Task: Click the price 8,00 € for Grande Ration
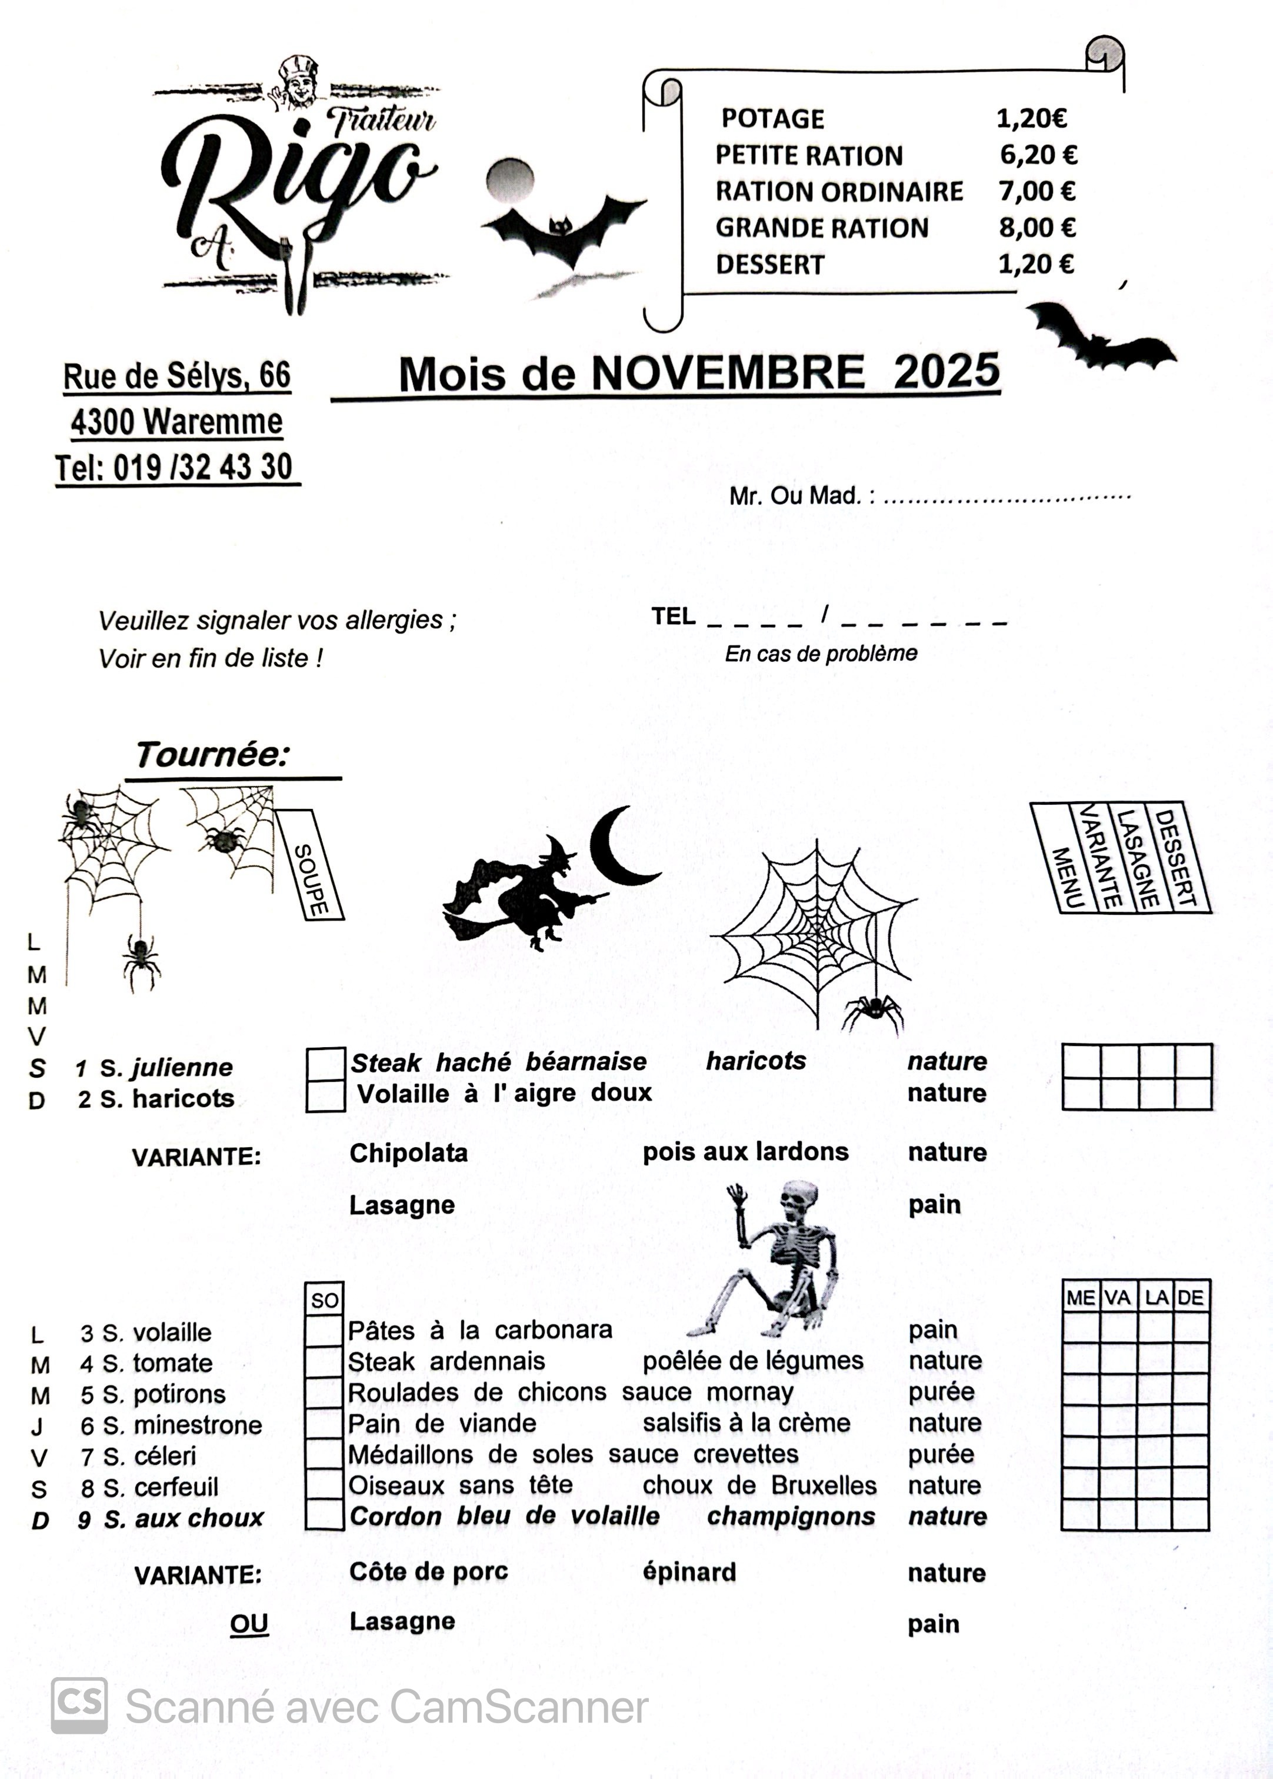tap(1037, 228)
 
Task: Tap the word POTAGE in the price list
tap(772, 119)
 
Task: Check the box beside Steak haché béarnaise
tap(325, 1064)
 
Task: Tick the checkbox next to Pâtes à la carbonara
tap(324, 1331)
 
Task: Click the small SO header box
tap(324, 1300)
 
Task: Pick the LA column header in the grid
tap(1156, 1298)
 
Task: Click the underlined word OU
tap(249, 1623)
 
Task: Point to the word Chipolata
tap(408, 1153)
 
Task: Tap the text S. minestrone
tap(182, 1425)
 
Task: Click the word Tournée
tap(212, 755)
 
